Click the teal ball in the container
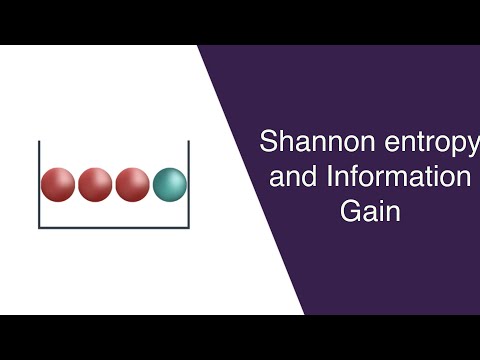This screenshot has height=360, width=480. pos(170,184)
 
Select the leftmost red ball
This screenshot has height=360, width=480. pos(58,184)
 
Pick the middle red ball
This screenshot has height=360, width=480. pos(95,184)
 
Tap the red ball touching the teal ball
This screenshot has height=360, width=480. pos(132,184)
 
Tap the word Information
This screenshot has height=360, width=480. pos(397,178)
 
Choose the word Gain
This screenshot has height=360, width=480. pos(370,214)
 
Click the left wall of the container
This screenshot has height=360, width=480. pos(39,185)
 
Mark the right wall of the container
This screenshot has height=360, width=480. pos(189,185)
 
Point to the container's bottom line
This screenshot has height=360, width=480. pos(114,228)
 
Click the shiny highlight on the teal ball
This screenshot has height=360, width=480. pos(164,177)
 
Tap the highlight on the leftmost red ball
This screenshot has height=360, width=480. pos(52,177)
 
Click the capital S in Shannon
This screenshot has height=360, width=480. pos(267,141)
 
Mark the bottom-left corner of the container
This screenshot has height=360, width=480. pos(40,228)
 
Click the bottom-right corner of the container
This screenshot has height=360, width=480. pos(189,228)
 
